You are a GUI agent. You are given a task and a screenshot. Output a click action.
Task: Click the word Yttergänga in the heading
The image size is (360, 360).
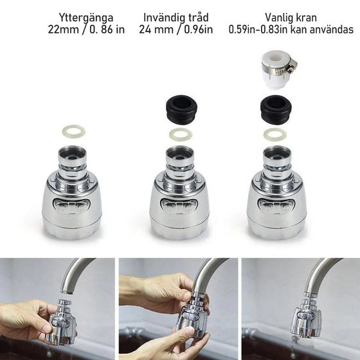pyautogui.click(x=86, y=18)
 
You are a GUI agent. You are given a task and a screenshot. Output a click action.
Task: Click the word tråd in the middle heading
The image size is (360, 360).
pyautogui.click(x=198, y=17)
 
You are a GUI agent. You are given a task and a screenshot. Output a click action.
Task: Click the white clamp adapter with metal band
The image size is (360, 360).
pyautogui.click(x=278, y=69)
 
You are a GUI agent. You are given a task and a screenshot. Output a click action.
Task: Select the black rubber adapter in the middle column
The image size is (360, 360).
pyautogui.click(x=181, y=109)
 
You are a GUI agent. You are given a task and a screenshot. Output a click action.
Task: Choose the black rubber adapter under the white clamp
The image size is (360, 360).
pyautogui.click(x=276, y=110)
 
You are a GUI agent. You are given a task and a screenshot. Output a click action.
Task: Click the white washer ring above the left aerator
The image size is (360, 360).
pyautogui.click(x=73, y=132)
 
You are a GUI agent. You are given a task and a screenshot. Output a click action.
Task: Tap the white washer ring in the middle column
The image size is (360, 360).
pyautogui.click(x=181, y=135)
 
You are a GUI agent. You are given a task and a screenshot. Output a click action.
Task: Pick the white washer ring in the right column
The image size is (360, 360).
pyautogui.click(x=275, y=135)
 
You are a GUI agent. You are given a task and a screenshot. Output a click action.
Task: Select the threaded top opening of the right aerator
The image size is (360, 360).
pyautogui.click(x=277, y=154)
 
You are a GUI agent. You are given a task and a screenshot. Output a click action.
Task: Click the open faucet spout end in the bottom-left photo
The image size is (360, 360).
pyautogui.click(x=67, y=291)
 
